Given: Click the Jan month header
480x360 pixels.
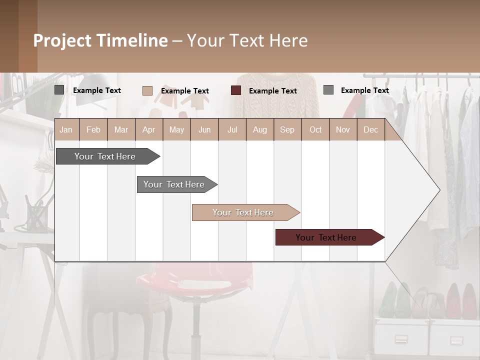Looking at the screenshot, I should pos(66,129).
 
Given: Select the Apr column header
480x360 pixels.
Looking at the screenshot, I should pos(148,129).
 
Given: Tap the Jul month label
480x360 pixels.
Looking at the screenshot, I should pos(232,129).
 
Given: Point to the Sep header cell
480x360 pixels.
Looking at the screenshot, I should pos(287,129).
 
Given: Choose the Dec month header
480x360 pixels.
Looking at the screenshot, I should pos(370,129).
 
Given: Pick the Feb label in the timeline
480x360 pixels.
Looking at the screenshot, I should pos(93,129).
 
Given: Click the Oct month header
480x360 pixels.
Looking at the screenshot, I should pos(315,129).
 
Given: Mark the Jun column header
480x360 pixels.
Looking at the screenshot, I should pos(204,129).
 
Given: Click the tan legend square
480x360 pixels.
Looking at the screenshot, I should pos(147,90).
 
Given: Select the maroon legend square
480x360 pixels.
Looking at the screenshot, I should pos(236,90).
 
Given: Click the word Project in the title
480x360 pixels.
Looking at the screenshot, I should pos(62,40).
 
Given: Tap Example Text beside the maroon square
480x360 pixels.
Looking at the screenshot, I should pos(273,90).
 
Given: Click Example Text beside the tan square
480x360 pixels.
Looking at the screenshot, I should pos(185,90).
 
